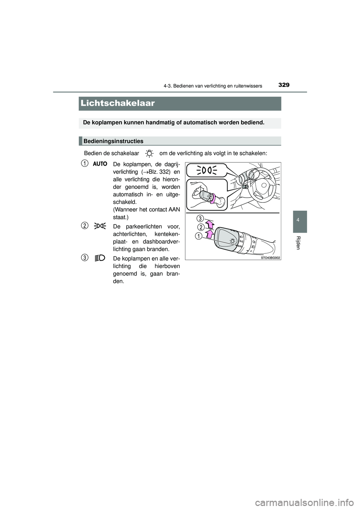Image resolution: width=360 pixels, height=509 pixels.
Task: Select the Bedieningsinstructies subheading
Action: click(x=114, y=141)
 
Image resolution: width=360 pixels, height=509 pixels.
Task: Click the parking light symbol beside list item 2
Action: click(x=100, y=226)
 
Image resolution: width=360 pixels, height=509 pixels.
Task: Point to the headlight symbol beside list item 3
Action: click(x=100, y=257)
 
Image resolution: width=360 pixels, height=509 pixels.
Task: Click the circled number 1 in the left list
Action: click(x=85, y=163)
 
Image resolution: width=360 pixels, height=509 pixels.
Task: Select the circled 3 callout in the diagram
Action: click(x=201, y=218)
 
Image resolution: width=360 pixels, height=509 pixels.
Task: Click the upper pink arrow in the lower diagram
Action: click(x=211, y=225)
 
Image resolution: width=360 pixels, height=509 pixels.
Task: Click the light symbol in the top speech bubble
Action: click(x=205, y=171)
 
